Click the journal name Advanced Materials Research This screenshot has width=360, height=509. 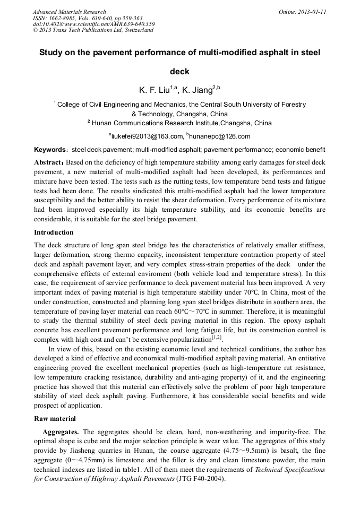tap(69, 12)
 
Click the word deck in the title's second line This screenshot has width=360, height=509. tap(179, 71)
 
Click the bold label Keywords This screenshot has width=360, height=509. tap(50, 150)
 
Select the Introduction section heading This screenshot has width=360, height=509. tap(54, 232)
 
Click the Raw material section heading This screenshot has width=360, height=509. tap(56, 419)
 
